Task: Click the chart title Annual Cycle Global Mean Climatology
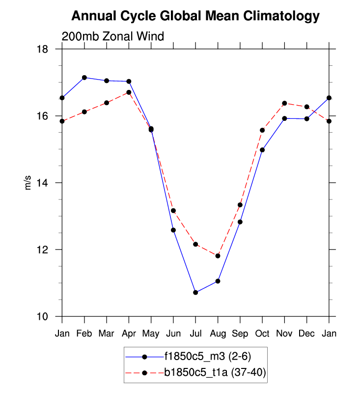[195, 16]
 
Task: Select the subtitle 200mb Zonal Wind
[112, 36]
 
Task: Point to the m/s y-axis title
[28, 183]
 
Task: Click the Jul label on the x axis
[195, 334]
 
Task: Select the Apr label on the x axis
[129, 334]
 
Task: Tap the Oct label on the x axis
[262, 334]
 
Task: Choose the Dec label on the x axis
[306, 334]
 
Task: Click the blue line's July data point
[195, 292]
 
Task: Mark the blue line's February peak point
[84, 78]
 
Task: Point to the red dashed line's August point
[218, 256]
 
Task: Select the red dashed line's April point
[129, 92]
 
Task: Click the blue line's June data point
[173, 230]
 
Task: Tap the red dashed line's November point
[284, 103]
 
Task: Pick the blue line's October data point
[262, 150]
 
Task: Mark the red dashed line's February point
[84, 112]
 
